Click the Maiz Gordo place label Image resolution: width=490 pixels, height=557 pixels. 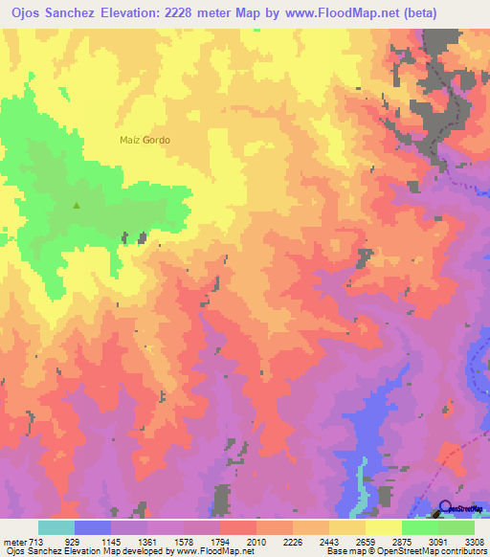pos(145,140)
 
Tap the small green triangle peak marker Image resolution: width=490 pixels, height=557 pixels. pos(78,204)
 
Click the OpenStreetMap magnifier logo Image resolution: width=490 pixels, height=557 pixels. pos(446,508)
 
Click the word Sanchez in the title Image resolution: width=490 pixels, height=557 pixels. pos(82,11)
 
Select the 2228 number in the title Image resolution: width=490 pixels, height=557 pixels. pos(215,11)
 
